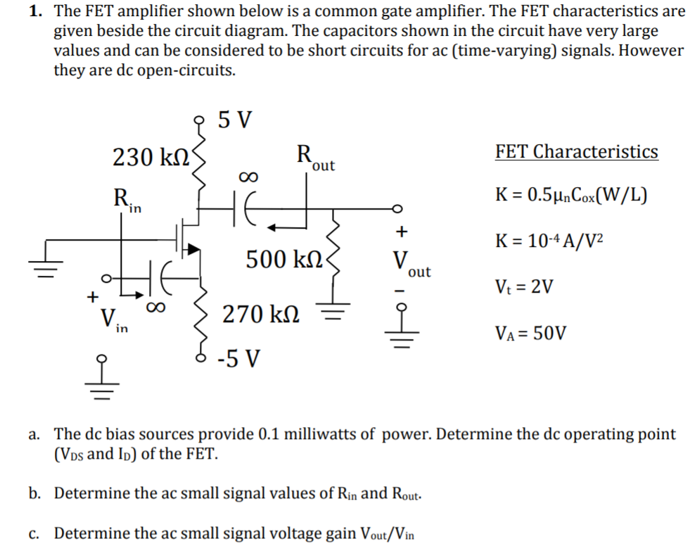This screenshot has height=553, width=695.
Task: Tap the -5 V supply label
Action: coord(238,360)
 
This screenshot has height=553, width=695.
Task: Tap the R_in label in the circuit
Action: coord(127,199)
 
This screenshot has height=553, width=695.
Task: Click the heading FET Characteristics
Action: coord(576,151)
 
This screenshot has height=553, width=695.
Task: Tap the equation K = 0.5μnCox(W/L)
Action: coord(570,194)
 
